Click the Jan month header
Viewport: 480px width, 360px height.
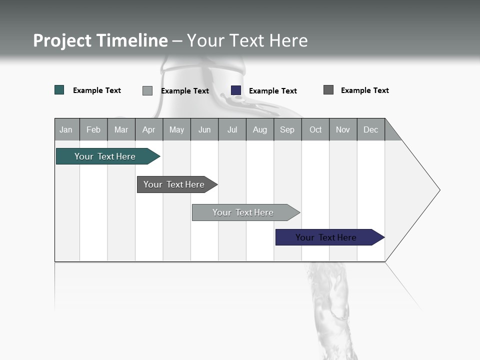click(x=66, y=129)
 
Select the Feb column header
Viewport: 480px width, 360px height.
click(x=93, y=129)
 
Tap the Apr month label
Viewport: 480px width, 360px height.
click(x=148, y=129)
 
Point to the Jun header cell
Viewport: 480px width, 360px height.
click(x=204, y=129)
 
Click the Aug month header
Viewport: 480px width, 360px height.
click(x=259, y=129)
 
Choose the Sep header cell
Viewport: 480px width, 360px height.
click(x=287, y=129)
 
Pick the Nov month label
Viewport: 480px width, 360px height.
click(x=343, y=129)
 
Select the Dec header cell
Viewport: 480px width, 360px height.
click(x=370, y=129)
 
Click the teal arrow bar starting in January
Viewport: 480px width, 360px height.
click(x=105, y=156)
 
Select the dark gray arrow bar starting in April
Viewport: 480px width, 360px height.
click(x=174, y=184)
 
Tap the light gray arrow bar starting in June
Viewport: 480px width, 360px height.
click(x=243, y=212)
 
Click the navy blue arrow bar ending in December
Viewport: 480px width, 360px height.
click(x=326, y=237)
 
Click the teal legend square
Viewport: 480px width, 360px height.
click(x=59, y=90)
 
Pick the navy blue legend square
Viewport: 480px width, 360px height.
click(x=236, y=90)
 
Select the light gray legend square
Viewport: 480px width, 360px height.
click(x=147, y=90)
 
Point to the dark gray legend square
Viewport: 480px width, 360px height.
click(x=328, y=90)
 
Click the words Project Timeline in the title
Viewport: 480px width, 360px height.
click(x=100, y=40)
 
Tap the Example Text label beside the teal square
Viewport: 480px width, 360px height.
click(x=97, y=90)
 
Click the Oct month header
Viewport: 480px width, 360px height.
click(x=315, y=129)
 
